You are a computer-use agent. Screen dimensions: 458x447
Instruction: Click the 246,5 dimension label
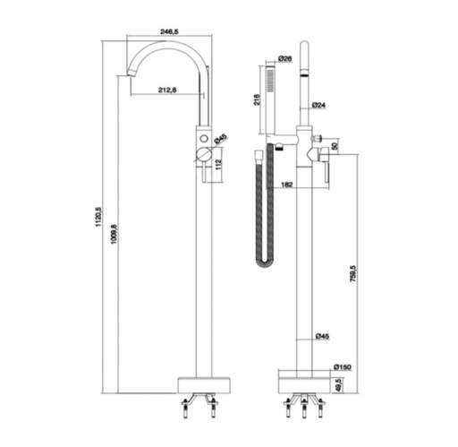169,31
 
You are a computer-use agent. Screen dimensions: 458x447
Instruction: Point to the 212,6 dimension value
167,90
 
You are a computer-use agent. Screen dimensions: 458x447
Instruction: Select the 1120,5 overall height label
98,217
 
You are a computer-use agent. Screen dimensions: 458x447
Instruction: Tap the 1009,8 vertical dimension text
114,235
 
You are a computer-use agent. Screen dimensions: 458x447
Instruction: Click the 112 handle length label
218,165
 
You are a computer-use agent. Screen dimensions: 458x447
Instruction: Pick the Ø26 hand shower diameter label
285,58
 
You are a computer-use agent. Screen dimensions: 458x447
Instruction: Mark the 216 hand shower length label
257,99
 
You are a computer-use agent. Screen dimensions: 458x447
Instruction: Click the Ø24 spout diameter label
318,105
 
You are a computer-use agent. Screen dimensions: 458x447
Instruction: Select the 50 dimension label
335,146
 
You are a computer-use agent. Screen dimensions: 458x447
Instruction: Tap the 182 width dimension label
287,185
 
